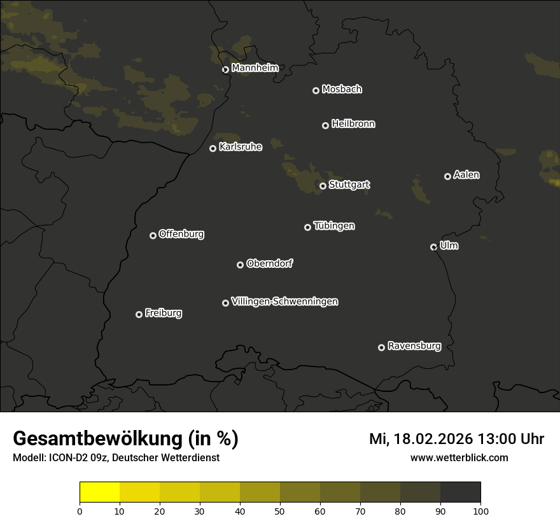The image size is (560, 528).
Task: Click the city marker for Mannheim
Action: (225, 70)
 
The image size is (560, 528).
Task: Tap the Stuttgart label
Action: (349, 184)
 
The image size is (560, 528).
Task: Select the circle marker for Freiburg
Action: (139, 314)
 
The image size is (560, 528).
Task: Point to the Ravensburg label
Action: (414, 346)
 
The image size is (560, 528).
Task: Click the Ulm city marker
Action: (433, 247)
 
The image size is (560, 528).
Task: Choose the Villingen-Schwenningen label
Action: (284, 301)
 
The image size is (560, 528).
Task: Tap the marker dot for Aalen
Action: (447, 176)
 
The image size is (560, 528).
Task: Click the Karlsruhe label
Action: (240, 147)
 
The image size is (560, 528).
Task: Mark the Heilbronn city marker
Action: (325, 125)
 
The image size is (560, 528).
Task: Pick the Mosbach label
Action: (342, 89)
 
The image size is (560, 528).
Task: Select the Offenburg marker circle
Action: (153, 235)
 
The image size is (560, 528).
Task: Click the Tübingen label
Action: (334, 226)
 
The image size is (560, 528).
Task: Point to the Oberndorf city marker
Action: (240, 265)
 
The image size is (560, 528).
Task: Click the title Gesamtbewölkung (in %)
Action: (125, 439)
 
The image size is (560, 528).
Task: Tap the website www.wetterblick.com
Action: (459, 457)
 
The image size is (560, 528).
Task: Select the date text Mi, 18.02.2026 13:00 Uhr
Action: (456, 439)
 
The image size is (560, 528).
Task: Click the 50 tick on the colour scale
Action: (280, 510)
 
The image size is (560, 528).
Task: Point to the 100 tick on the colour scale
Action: (480, 510)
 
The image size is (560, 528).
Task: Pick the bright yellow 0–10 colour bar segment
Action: (100, 492)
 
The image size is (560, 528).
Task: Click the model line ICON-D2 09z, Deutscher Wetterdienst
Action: (116, 457)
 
